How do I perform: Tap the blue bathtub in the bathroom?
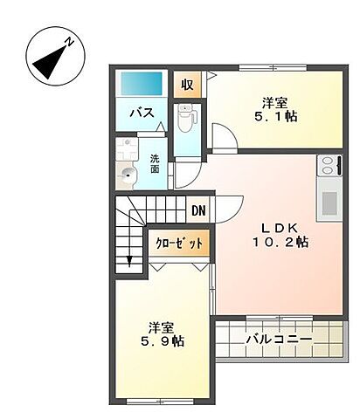pyautogui.click(x=142, y=85)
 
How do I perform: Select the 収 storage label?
pyautogui.click(x=187, y=85)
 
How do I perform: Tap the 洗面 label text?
pyautogui.click(x=154, y=164)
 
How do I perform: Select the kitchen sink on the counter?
pyautogui.click(x=329, y=203)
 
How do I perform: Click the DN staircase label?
pyautogui.click(x=198, y=210)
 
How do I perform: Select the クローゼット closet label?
pyautogui.click(x=182, y=243)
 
